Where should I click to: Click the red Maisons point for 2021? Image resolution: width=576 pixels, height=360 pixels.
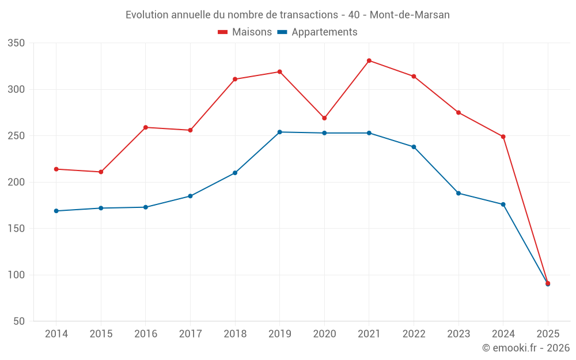pos(369,60)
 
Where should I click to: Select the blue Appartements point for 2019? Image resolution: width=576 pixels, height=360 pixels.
pos(280,132)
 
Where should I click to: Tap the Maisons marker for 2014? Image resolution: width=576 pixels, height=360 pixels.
pos(56,169)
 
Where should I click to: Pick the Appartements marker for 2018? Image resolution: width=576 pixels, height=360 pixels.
pos(235,173)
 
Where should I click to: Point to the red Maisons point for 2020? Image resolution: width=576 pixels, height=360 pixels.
pos(324,118)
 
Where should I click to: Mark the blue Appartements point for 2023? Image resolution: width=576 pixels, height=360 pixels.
pos(458,193)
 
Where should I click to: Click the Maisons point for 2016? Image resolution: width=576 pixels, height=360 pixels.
pos(146,127)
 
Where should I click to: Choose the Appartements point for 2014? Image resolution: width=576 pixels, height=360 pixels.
pos(56,211)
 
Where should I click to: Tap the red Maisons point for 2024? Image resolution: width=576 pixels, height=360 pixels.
pos(503,137)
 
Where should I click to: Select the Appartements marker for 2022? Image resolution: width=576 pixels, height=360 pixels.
pos(414,147)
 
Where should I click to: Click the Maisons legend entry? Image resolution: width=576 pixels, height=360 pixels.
pos(245,32)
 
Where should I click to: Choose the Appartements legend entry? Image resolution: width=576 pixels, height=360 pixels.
pos(317,32)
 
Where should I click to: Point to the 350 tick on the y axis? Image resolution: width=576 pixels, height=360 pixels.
pos(17,43)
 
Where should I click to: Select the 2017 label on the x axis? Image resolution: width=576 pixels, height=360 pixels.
pos(190,334)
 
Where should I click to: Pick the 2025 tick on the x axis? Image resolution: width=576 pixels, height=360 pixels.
pos(548,334)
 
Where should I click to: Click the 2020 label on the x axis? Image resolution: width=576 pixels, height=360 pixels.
pos(324,334)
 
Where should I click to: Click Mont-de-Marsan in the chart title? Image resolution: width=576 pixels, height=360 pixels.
pos(410,14)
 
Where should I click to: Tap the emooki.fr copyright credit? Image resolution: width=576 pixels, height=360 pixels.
pos(526,348)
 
